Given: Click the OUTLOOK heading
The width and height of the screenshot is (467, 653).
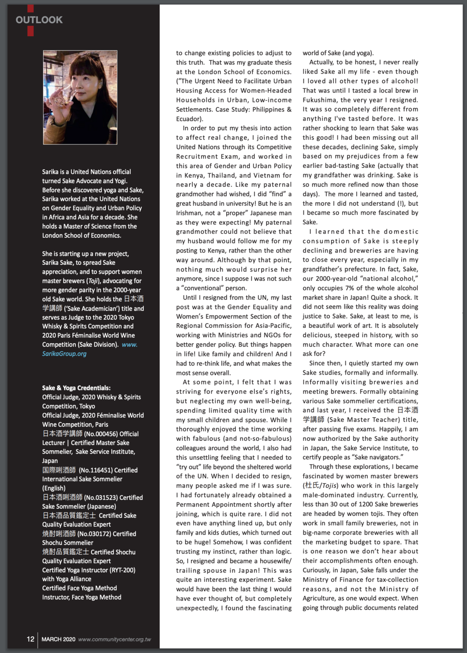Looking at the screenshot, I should point(39,19).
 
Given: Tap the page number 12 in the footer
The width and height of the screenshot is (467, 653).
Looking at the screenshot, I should point(30,639).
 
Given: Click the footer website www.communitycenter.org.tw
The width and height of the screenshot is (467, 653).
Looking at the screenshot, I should point(115,639).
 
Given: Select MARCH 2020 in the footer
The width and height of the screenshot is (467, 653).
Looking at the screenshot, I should point(58,639).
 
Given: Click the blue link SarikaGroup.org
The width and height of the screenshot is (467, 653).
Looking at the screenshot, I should point(64,354).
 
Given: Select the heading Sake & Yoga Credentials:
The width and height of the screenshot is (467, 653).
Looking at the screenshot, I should point(76,388).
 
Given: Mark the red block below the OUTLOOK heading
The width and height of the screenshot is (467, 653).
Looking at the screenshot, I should point(30,31).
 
